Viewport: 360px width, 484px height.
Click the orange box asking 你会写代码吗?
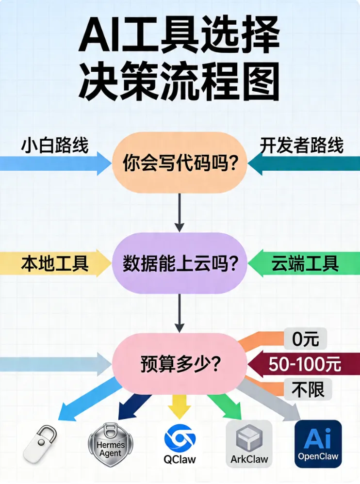[180, 163]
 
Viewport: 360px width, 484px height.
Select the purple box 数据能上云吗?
[180, 263]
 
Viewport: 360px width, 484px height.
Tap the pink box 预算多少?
[180, 363]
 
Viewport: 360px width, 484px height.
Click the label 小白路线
[54, 145]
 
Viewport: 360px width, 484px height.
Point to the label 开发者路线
[302, 145]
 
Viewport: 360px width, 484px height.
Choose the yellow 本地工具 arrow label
[54, 263]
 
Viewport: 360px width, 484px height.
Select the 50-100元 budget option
[305, 364]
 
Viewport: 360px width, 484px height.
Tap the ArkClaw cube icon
[249, 439]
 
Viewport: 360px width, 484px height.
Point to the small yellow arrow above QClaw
[179, 406]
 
